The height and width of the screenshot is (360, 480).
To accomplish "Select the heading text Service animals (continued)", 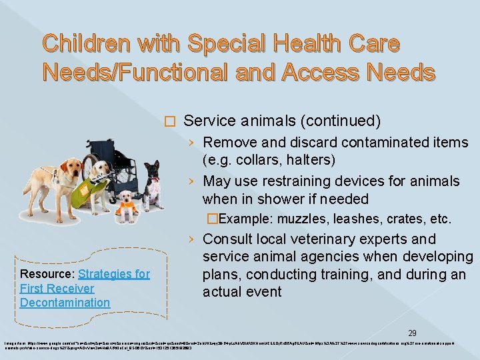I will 282,121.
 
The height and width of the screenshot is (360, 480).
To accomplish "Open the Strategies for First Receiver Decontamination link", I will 85,288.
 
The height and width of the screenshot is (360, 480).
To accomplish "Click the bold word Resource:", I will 47,274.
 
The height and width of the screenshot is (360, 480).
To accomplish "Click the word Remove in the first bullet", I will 227,143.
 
